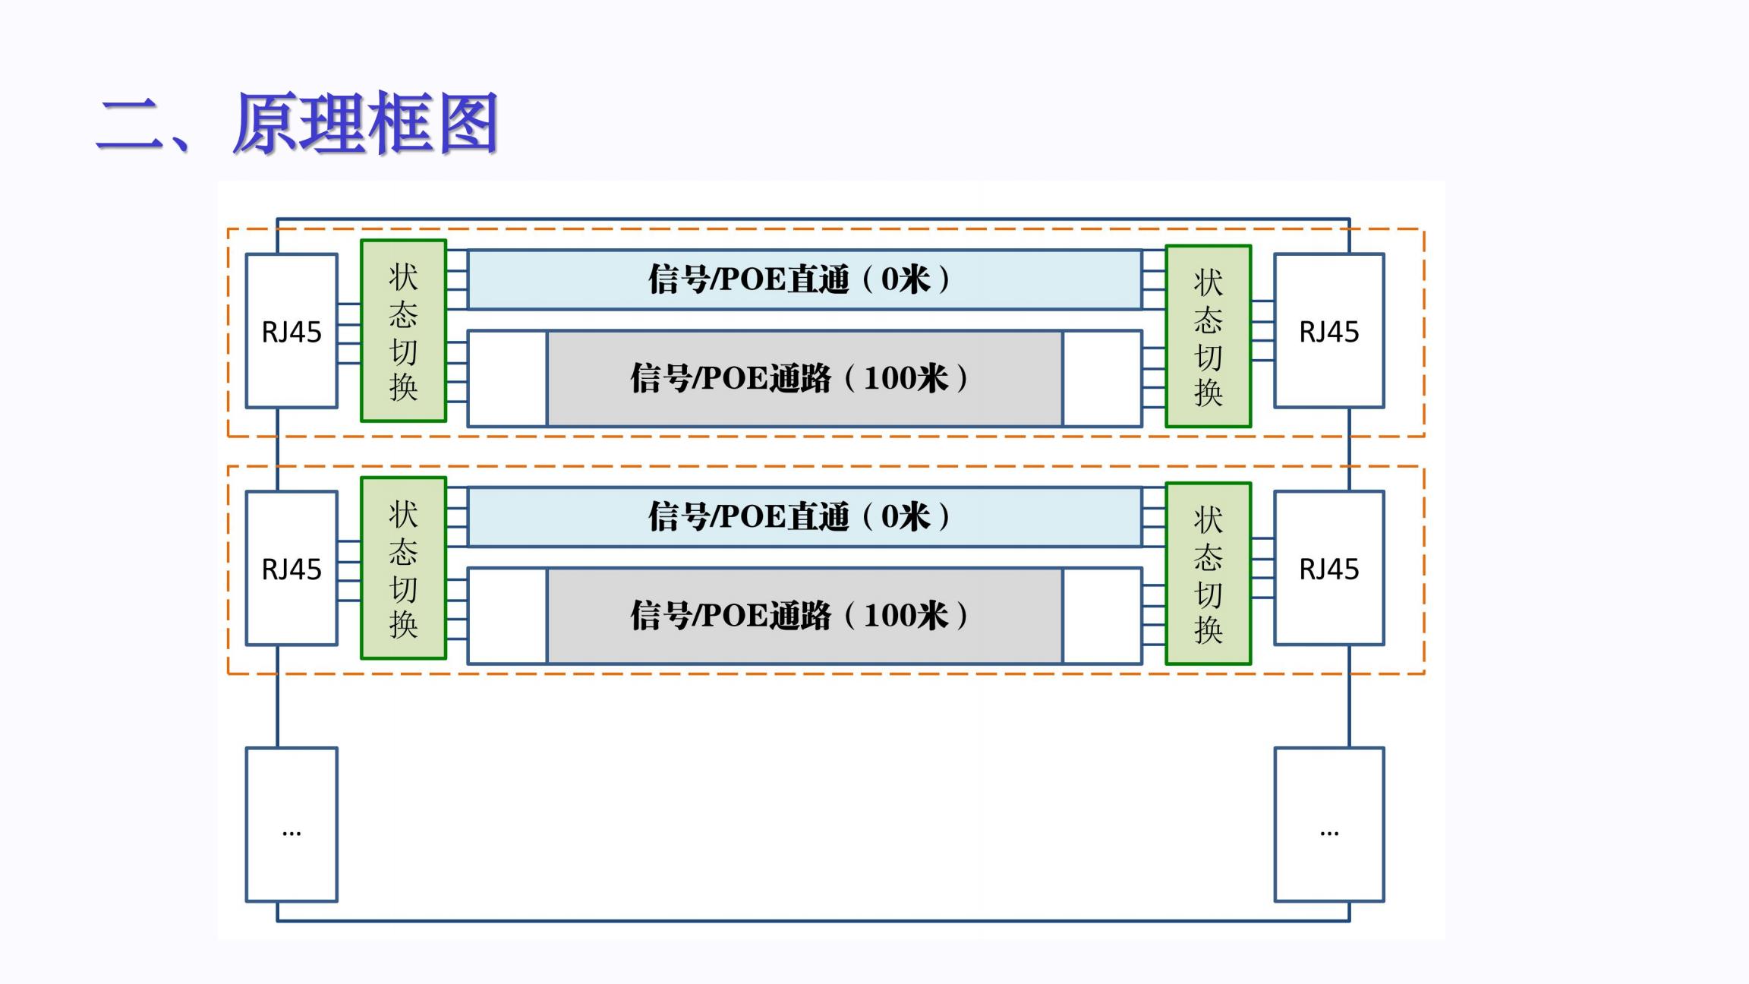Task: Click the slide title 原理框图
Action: pyautogui.click(x=364, y=124)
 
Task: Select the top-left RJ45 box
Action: pyautogui.click(x=291, y=331)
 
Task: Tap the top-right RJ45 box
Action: pyautogui.click(x=1329, y=331)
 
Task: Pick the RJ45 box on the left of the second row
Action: pyautogui.click(x=291, y=569)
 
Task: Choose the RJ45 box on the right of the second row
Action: pyautogui.click(x=1329, y=569)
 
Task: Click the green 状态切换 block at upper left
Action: pyautogui.click(x=403, y=331)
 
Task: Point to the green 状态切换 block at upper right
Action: pyautogui.click(x=1208, y=336)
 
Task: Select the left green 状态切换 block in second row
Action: pyautogui.click(x=403, y=569)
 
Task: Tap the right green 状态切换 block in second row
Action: pyautogui.click(x=1208, y=574)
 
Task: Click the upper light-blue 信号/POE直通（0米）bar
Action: pyautogui.click(x=805, y=279)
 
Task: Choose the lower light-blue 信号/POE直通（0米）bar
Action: pyautogui.click(x=805, y=517)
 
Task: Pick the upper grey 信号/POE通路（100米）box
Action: pyautogui.click(x=805, y=378)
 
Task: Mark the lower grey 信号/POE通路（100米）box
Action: pyautogui.click(x=805, y=616)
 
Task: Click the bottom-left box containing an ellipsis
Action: pyautogui.click(x=291, y=825)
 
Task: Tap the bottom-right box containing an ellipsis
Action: pyautogui.click(x=1329, y=825)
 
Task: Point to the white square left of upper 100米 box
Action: pyautogui.click(x=508, y=378)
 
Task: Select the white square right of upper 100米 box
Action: pyautogui.click(x=1102, y=378)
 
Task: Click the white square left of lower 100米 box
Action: pyautogui.click(x=508, y=616)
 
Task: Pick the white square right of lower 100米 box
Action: pyautogui.click(x=1102, y=616)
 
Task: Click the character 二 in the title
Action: pyautogui.click(x=129, y=125)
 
